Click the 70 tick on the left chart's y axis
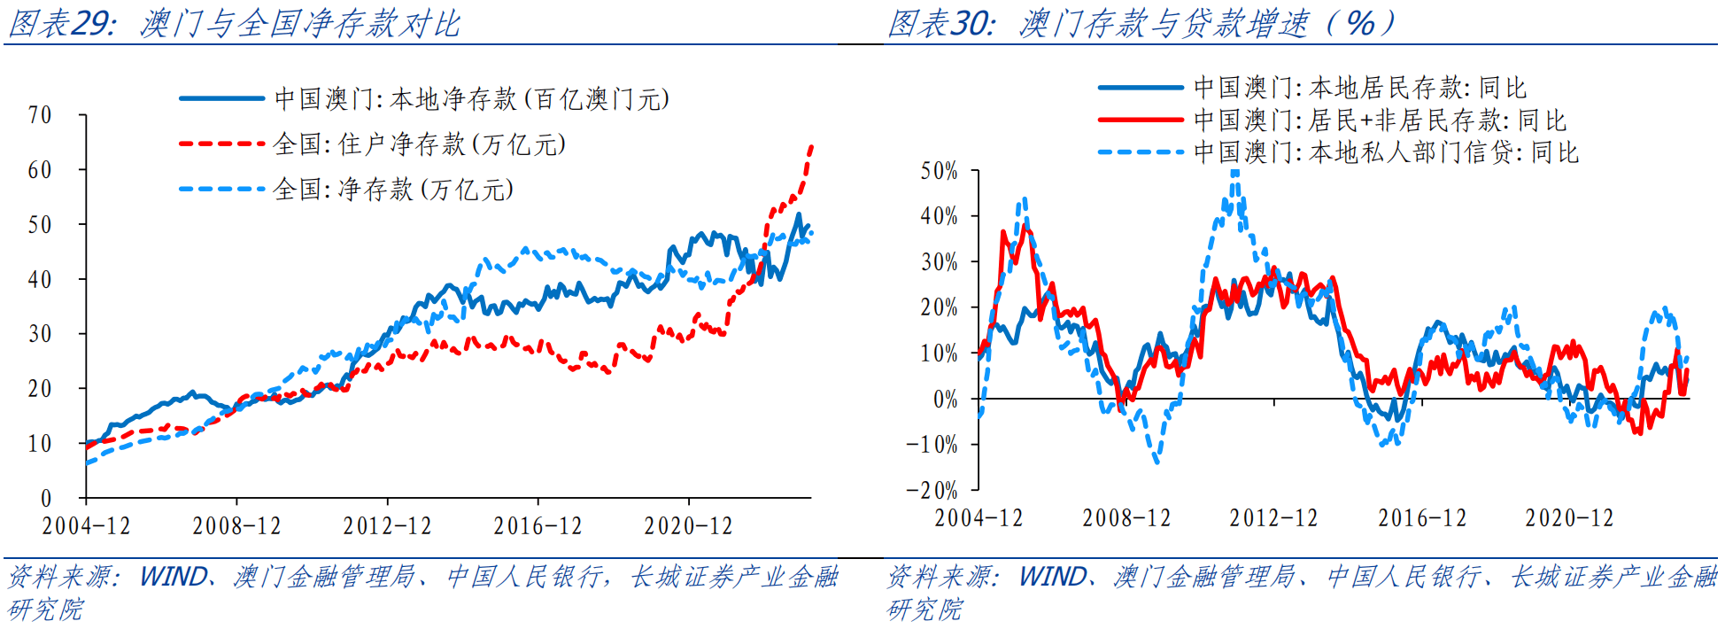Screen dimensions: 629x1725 [x=40, y=115]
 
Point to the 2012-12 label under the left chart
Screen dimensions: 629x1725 [x=387, y=526]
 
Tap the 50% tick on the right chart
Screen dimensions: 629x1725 [x=939, y=171]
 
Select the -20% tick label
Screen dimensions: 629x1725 [x=932, y=490]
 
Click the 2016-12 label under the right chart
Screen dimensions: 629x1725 [x=1421, y=518]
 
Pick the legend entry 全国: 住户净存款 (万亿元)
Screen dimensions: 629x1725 [x=419, y=144]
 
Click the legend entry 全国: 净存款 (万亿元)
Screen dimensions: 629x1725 [x=393, y=190]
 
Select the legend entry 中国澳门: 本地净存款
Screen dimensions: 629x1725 [x=471, y=98]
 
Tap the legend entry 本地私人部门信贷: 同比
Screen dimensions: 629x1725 [x=1386, y=152]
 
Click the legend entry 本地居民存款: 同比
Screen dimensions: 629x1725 [x=1360, y=88]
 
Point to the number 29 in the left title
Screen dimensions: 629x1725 [x=91, y=23]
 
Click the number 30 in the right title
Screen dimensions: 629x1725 [x=971, y=23]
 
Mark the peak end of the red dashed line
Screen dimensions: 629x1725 [x=811, y=147]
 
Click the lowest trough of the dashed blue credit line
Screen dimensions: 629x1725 [x=1156, y=461]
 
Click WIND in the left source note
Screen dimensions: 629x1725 [x=174, y=577]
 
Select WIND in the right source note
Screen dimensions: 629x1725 [x=1053, y=577]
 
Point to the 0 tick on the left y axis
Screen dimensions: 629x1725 [x=46, y=498]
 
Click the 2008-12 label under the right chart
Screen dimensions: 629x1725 [x=1126, y=518]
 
